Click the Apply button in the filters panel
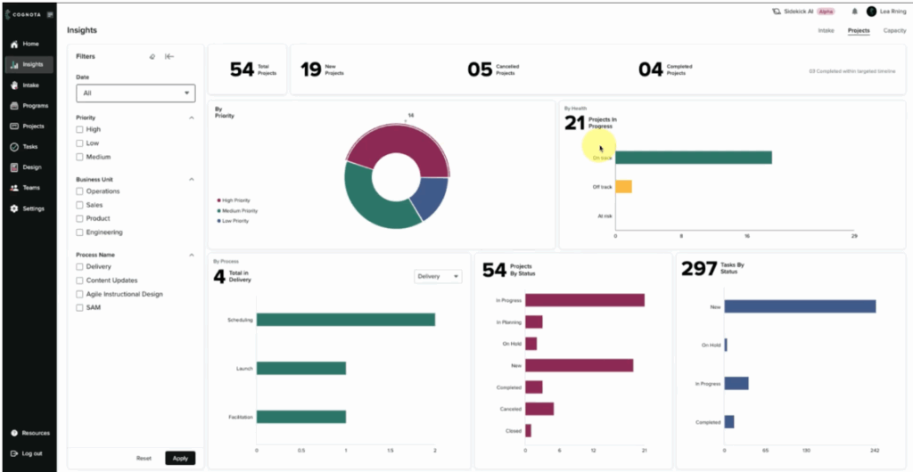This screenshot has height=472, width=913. click(x=180, y=458)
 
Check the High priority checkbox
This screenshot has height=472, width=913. click(x=80, y=129)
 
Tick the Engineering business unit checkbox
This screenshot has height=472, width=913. click(x=80, y=232)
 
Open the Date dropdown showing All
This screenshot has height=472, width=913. click(x=136, y=93)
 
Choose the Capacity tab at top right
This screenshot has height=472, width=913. click(x=894, y=30)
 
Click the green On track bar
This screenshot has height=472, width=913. click(x=693, y=158)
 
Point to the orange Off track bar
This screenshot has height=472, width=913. click(x=623, y=187)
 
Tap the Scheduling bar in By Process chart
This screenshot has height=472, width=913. click(x=345, y=320)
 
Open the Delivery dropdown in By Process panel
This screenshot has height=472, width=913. click(x=438, y=277)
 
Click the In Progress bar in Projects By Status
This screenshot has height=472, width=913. click(x=584, y=300)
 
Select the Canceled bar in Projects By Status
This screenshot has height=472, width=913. click(x=539, y=409)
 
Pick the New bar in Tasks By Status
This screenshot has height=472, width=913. click(x=799, y=306)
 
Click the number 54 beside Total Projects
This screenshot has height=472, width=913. click(x=242, y=69)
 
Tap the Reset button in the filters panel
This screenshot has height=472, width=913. click(x=144, y=458)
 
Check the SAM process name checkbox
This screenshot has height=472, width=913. click(x=80, y=307)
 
